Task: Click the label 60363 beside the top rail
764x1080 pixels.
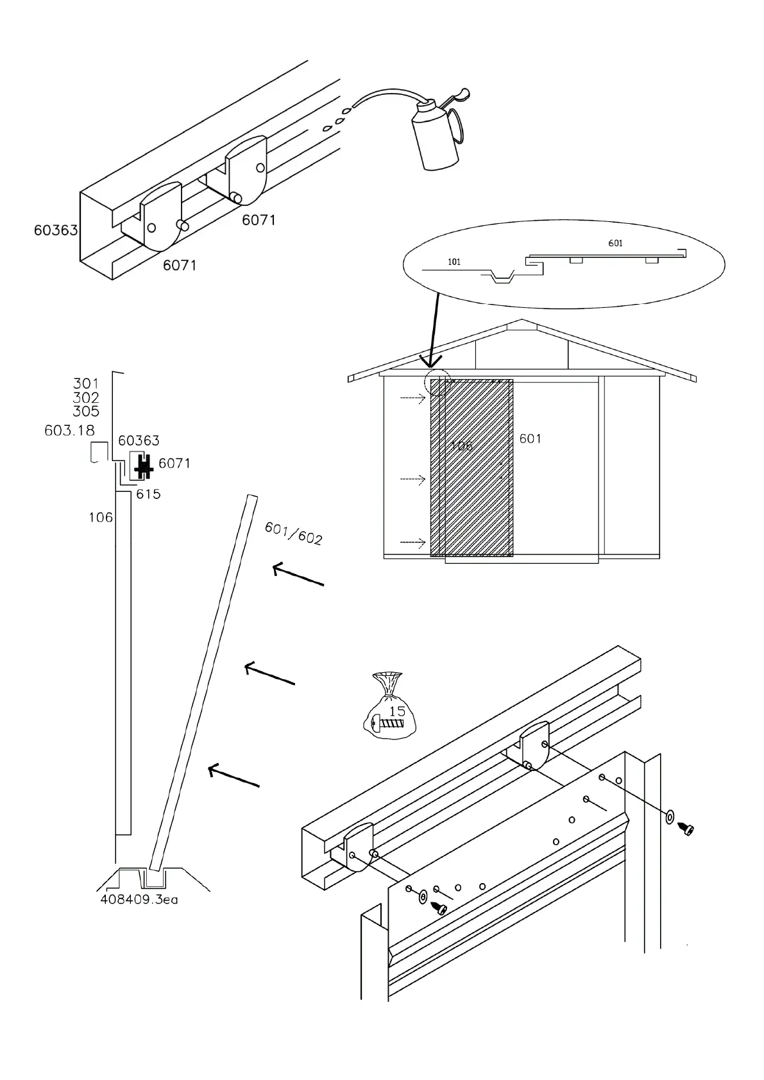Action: pos(56,230)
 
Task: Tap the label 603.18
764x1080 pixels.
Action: pos(69,430)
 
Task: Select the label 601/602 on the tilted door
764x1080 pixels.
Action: pos(293,532)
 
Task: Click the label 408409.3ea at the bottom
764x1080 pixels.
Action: pos(139,899)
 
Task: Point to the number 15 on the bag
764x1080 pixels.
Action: pos(397,711)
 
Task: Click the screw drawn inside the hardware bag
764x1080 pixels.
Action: pos(389,723)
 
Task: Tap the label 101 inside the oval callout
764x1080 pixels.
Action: pos(454,262)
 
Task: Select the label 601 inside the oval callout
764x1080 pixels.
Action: pos(615,243)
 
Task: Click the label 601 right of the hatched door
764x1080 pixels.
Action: pos(531,439)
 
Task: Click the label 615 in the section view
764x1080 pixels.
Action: pos(148,494)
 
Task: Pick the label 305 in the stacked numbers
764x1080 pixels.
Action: pos(86,411)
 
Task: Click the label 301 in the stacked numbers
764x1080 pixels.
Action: pos(86,384)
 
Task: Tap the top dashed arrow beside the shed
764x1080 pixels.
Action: pos(412,398)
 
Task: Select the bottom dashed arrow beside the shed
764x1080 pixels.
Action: pos(412,543)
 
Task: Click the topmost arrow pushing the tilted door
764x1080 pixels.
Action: pos(298,575)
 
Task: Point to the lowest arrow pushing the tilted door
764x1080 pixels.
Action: pos(233,775)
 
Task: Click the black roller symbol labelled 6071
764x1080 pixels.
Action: pos(143,468)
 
